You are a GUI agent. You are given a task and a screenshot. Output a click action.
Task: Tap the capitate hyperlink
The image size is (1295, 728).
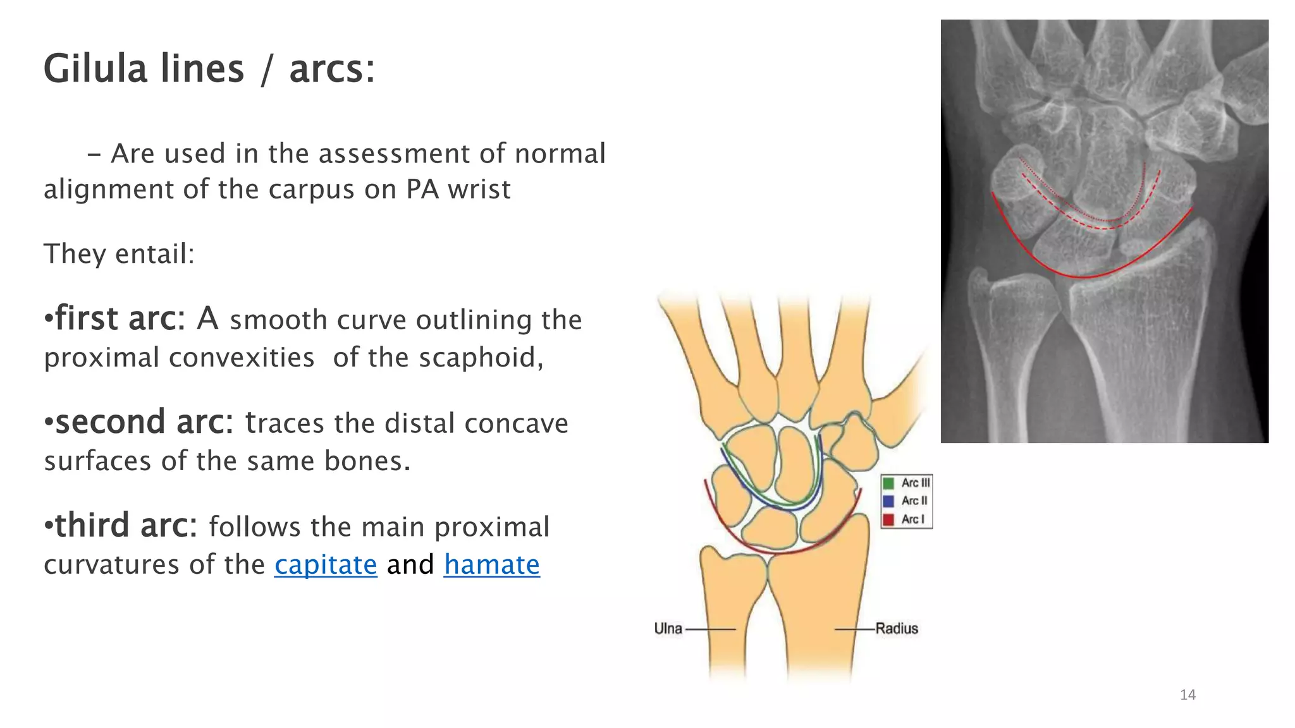[x=325, y=564]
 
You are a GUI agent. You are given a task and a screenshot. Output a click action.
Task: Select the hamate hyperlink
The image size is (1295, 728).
[x=491, y=564]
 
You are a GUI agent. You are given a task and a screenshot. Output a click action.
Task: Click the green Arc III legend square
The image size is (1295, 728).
[x=888, y=483]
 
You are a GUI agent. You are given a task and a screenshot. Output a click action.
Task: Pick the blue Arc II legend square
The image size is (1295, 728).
[x=888, y=501]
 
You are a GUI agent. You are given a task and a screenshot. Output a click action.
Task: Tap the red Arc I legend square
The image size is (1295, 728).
[x=888, y=519]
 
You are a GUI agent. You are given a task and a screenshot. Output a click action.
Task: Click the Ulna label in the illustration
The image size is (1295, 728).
[x=668, y=629]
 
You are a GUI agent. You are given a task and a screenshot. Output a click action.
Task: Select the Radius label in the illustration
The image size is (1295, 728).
[x=896, y=629]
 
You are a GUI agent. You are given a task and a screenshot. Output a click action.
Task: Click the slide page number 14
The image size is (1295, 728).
[x=1188, y=695]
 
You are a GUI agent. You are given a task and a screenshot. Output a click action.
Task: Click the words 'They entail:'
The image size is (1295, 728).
[x=119, y=254]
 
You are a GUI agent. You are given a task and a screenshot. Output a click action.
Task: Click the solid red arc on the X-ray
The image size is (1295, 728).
[x=1083, y=277]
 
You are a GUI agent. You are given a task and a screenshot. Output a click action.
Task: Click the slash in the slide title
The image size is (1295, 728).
[x=267, y=70]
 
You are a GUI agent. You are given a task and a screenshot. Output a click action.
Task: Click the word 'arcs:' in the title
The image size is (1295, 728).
[x=332, y=70]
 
